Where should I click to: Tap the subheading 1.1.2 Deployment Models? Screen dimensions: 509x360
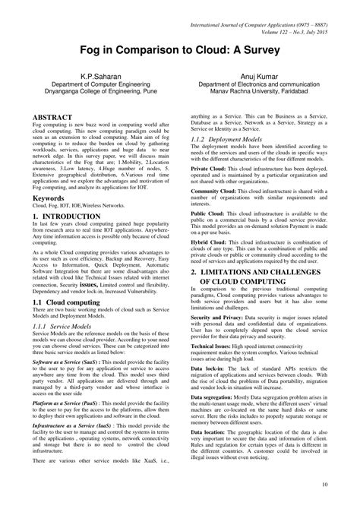pyautogui.click(x=235, y=141)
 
